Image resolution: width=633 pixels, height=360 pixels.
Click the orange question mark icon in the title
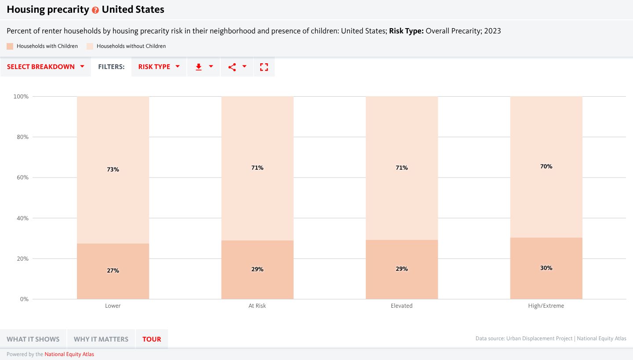tap(95, 10)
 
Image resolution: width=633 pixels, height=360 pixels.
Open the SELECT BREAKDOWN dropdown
tap(46, 67)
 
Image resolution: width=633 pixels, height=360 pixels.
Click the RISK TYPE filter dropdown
tap(159, 67)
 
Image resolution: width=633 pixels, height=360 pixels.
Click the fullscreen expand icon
tap(264, 67)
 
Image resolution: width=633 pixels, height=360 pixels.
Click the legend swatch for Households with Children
tap(10, 46)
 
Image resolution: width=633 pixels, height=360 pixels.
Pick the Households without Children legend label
tap(131, 46)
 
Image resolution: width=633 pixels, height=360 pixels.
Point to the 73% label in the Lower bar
tap(113, 169)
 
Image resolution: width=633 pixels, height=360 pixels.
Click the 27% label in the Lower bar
tap(113, 270)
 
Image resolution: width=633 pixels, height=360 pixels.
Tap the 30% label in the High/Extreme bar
tap(546, 268)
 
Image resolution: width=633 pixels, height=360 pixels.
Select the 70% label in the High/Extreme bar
tap(546, 166)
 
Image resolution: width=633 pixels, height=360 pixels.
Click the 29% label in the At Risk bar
tap(257, 269)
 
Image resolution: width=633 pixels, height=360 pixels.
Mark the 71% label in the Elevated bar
tap(401, 167)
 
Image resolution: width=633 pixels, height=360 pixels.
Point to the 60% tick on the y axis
tap(22, 178)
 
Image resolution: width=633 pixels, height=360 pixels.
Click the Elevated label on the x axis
tap(401, 305)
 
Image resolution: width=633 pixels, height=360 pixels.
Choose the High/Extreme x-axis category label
tap(546, 305)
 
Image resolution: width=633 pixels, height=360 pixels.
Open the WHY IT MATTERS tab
tap(101, 339)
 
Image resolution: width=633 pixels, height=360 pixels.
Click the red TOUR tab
tap(152, 339)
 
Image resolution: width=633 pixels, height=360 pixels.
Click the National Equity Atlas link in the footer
tap(69, 354)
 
